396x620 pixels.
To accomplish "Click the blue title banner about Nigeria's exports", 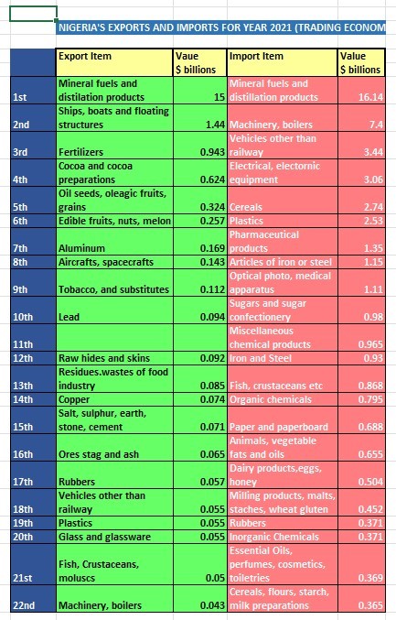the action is (220, 27).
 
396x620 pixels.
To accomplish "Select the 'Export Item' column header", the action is (114, 62).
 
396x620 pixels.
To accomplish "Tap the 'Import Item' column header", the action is (283, 62).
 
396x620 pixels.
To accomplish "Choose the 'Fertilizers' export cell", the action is (114, 145).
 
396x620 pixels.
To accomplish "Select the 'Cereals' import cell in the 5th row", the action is (283, 200).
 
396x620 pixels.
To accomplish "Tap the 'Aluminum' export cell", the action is (114, 242).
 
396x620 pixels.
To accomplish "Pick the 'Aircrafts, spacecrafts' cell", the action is (114, 262).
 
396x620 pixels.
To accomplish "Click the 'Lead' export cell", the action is (114, 310).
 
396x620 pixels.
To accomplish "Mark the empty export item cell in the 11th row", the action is (114, 338).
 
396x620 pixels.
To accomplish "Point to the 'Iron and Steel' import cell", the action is (283, 358).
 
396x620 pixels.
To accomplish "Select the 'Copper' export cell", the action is (114, 399).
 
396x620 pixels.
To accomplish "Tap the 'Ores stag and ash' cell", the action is (114, 447).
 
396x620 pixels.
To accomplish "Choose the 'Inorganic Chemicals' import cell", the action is (283, 537).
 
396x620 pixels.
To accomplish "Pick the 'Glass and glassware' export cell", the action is (114, 537).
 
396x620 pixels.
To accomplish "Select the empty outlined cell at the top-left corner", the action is (33, 14).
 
